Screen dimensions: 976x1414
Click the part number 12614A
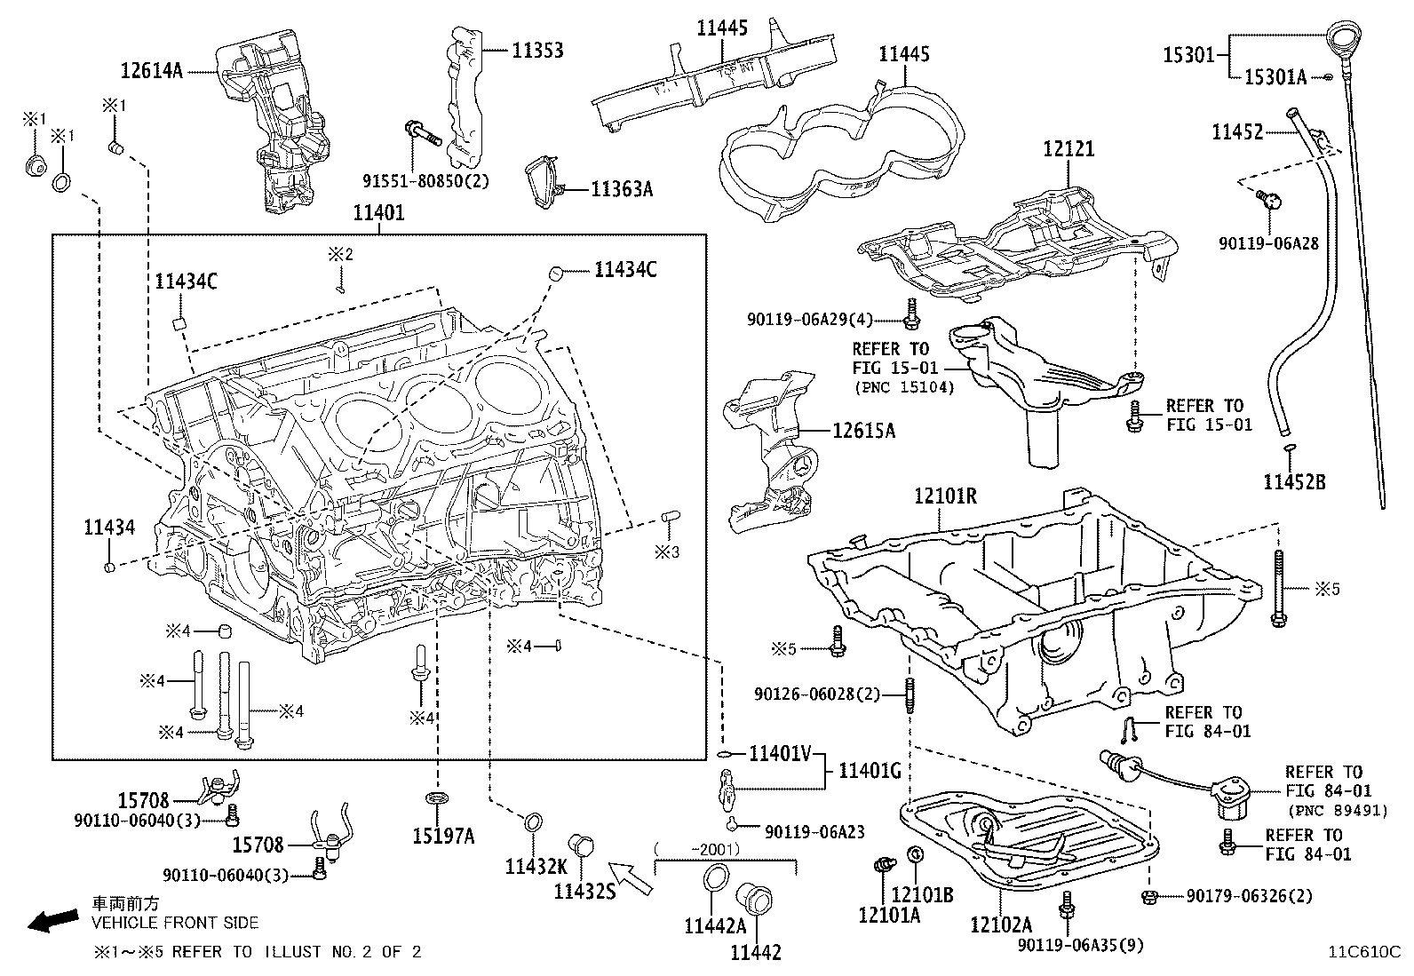click(151, 71)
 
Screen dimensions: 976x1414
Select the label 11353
click(536, 51)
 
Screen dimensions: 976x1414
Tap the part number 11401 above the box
click(378, 213)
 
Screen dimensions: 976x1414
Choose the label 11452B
click(1294, 482)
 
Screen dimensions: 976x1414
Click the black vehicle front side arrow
click(52, 922)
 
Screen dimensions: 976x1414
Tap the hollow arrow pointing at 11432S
click(632, 877)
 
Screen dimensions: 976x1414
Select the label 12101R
click(945, 496)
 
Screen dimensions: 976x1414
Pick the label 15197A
click(443, 836)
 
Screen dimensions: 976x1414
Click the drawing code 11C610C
click(1363, 952)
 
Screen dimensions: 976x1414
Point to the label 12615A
click(863, 431)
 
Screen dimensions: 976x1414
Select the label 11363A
click(622, 189)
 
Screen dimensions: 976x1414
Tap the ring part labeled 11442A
click(715, 880)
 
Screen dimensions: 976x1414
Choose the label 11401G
click(870, 771)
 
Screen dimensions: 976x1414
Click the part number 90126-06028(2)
click(817, 694)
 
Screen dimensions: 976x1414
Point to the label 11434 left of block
click(109, 528)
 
